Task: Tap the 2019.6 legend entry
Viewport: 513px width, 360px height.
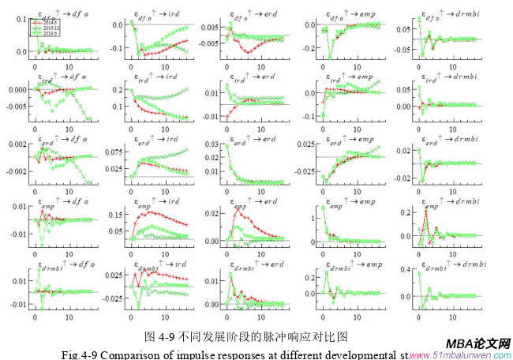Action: (40, 35)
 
